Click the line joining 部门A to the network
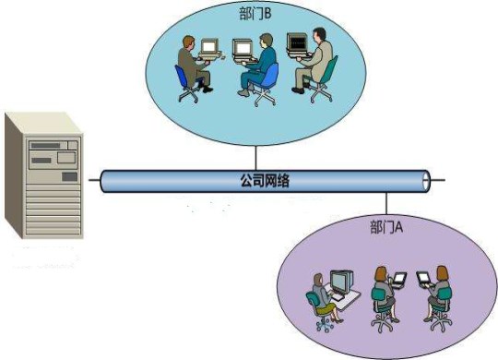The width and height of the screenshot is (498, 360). click(385, 205)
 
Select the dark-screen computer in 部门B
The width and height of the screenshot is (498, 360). click(297, 43)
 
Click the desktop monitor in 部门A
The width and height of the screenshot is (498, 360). click(342, 281)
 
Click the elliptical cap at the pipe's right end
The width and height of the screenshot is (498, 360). click(426, 179)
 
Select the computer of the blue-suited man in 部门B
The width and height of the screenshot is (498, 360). click(243, 47)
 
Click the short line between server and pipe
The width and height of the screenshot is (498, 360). click(93, 179)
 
